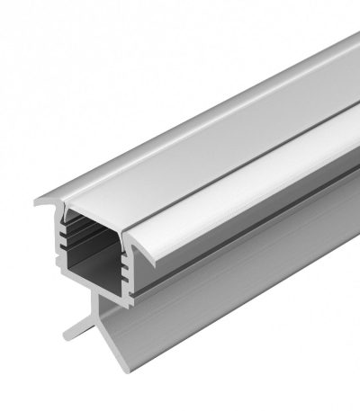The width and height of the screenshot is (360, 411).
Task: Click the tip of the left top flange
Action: (38, 202)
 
